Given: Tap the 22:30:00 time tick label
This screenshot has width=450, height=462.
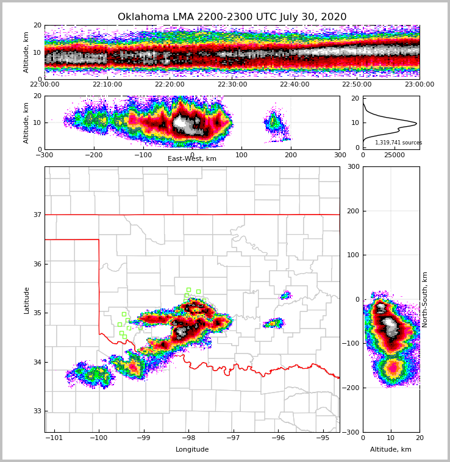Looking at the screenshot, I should tap(232, 85).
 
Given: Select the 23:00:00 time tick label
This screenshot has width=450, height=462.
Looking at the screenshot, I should tap(420, 85).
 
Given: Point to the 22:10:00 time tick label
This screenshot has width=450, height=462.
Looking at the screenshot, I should tap(107, 85).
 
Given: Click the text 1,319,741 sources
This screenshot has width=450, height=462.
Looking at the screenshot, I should tap(398, 143).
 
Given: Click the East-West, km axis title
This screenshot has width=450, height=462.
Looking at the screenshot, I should tap(192, 159).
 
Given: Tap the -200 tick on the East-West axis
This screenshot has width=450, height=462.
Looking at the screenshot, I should tap(93, 155).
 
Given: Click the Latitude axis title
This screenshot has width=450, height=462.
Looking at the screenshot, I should tap(26, 300).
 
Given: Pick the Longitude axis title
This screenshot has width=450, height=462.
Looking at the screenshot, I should tap(192, 450).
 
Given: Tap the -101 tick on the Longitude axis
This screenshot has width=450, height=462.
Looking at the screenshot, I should tap(54, 438).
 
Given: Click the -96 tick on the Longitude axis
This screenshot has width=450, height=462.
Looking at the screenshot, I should tap(278, 438).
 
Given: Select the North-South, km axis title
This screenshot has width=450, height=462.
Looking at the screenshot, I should tap(425, 299).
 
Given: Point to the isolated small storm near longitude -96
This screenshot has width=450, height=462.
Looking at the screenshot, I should tap(274, 323).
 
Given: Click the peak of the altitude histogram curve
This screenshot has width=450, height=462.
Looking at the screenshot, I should tap(416, 124).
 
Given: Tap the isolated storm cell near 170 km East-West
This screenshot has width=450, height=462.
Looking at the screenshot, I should tap(276, 125).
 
